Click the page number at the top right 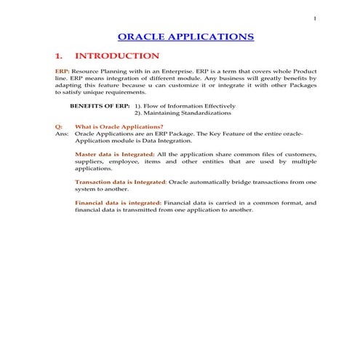314,19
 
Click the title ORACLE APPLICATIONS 185,36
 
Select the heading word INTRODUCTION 117,56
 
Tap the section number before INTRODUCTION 60,56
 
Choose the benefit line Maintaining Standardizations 187,113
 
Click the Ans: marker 62,135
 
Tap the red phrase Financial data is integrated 118,203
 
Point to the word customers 301,155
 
